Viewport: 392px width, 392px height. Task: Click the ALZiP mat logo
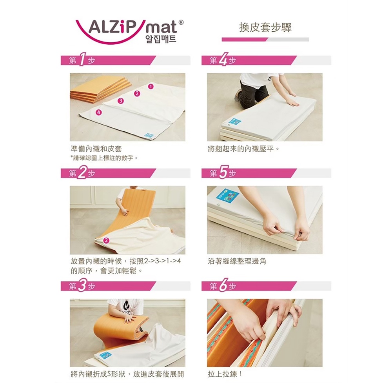(x=129, y=31)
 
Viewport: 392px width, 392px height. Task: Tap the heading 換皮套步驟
(x=265, y=27)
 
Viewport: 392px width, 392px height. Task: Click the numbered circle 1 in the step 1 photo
(x=151, y=87)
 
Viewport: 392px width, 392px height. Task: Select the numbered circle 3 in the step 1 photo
(x=121, y=101)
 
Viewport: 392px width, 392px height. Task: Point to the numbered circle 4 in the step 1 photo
(x=99, y=112)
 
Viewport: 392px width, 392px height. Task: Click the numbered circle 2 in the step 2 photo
(x=106, y=240)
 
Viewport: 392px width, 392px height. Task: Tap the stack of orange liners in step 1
(x=101, y=89)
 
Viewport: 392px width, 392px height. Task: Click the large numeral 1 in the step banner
(x=82, y=60)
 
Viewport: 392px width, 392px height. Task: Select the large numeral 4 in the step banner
(x=223, y=59)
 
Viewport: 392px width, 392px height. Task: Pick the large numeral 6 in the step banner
(x=223, y=286)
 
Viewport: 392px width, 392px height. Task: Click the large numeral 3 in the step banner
(x=82, y=286)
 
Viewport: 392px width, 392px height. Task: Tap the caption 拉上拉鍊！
(x=225, y=374)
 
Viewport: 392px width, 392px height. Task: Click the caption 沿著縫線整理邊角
(x=237, y=261)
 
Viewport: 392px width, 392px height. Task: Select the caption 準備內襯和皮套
(x=96, y=149)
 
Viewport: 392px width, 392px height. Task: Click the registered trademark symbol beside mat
(x=181, y=22)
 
